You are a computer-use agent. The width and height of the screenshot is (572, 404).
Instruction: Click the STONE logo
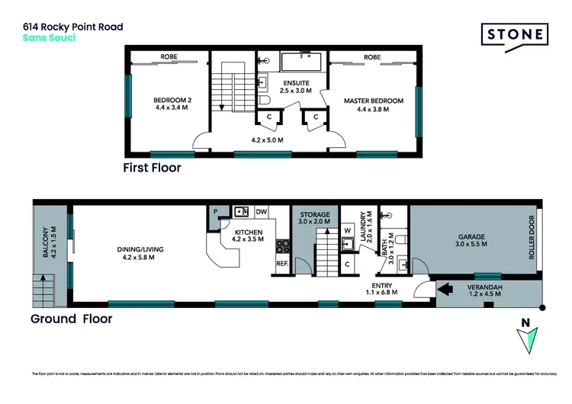tap(514, 35)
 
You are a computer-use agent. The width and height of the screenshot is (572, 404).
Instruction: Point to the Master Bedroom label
tap(373, 104)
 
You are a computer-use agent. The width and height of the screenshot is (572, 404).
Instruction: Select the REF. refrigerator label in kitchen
tap(281, 265)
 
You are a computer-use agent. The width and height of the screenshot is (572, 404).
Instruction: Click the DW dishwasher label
tap(261, 211)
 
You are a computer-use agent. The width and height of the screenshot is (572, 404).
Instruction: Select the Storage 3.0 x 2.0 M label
tap(313, 219)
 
